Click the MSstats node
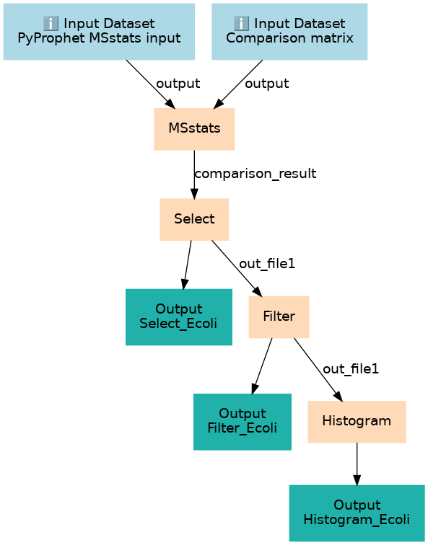pyautogui.click(x=194, y=129)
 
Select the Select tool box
pyautogui.click(x=194, y=219)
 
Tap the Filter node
pyautogui.click(x=279, y=316)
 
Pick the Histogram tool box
pyautogui.click(x=357, y=422)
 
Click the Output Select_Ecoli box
pyautogui.click(x=178, y=316)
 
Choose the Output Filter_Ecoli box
pyautogui.click(x=243, y=422)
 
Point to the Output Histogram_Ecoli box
pyautogui.click(x=357, y=513)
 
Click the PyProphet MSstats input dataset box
pyautogui.click(x=99, y=32)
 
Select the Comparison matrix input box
pyautogui.click(x=289, y=32)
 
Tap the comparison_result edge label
pyautogui.click(x=256, y=174)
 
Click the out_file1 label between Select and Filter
pyautogui.click(x=267, y=264)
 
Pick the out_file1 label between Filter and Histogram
pyautogui.click(x=351, y=369)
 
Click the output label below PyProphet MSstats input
pyautogui.click(x=178, y=84)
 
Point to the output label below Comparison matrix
pyautogui.click(x=267, y=84)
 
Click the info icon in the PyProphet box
pyautogui.click(x=51, y=24)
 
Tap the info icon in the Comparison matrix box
pyautogui.click(x=241, y=24)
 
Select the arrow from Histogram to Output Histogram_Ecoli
pyautogui.click(x=357, y=464)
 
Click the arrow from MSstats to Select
pyautogui.click(x=194, y=174)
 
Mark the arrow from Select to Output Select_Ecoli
pyautogui.click(x=187, y=265)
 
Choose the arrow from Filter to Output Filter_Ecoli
pyautogui.click(x=262, y=366)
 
